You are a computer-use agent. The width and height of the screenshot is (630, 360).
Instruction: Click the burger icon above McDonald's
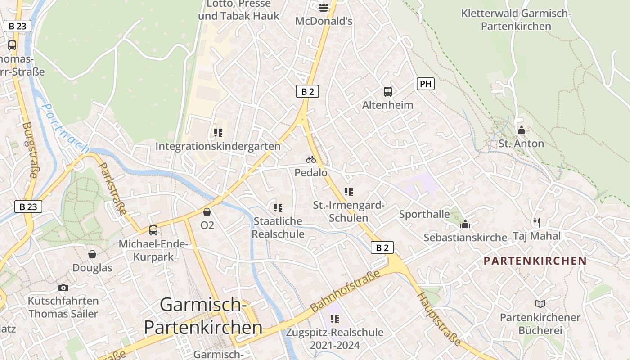324,7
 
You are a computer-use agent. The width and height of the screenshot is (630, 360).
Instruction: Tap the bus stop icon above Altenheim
388,92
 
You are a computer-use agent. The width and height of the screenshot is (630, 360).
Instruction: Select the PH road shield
425,84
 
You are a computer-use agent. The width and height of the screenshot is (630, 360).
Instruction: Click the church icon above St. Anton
522,131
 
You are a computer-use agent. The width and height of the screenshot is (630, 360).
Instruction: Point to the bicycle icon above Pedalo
311,159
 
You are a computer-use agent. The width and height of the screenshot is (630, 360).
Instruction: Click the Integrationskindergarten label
218,146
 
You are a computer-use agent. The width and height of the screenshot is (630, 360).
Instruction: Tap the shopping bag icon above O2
207,212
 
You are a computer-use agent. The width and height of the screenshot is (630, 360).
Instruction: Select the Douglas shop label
92,268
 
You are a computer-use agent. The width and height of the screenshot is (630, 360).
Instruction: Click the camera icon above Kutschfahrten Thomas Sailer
63,288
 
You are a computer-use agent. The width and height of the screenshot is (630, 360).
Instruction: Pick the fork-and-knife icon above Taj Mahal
536,222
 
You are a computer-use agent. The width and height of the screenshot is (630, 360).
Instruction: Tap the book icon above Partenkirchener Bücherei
540,304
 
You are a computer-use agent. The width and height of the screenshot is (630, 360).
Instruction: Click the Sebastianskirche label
465,237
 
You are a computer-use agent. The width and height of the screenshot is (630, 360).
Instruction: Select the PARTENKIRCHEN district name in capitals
535,261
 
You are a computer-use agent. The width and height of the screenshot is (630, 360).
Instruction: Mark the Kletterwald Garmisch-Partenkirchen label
516,20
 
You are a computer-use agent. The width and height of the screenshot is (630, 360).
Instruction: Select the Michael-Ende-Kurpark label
153,251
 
